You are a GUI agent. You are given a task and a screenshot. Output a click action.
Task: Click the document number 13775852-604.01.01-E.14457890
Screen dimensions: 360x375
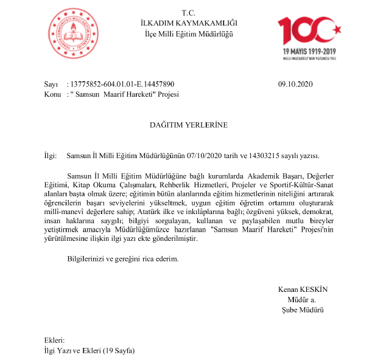122,85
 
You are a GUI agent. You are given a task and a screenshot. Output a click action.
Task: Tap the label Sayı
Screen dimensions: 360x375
51,85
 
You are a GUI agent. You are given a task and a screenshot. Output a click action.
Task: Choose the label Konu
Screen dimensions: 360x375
52,95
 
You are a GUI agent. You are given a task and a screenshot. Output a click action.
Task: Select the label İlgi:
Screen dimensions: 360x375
51,156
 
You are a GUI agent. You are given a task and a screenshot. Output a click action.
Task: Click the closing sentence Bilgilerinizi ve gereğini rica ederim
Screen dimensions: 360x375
122,259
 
